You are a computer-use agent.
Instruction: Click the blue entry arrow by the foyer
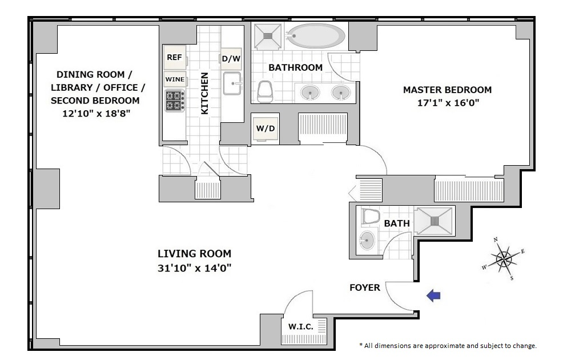pyautogui.click(x=433, y=295)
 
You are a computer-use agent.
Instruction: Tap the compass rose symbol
pyautogui.click(x=504, y=258)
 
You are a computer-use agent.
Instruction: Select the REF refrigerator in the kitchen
pyautogui.click(x=175, y=57)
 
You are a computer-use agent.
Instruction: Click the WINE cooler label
pyautogui.click(x=175, y=79)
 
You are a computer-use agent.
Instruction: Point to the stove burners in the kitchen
pyautogui.click(x=175, y=100)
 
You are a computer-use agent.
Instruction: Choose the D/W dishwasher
pyautogui.click(x=231, y=58)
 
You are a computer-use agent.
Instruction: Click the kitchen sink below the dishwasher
pyautogui.click(x=232, y=83)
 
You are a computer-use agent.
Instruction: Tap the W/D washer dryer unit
pyautogui.click(x=266, y=128)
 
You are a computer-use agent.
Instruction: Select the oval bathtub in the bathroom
pyautogui.click(x=316, y=35)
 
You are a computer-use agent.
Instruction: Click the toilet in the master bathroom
pyautogui.click(x=265, y=91)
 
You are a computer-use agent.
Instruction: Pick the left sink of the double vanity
pyautogui.click(x=310, y=93)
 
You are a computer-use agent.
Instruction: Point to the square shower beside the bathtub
pyautogui.click(x=267, y=36)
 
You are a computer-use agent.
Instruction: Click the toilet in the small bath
pyautogui.click(x=371, y=217)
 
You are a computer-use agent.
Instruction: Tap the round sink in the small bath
pyautogui.click(x=367, y=239)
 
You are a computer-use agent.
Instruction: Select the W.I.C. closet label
pyautogui.click(x=301, y=327)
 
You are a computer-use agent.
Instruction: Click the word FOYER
pyautogui.click(x=365, y=287)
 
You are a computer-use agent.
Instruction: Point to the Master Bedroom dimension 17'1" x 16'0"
pyautogui.click(x=448, y=103)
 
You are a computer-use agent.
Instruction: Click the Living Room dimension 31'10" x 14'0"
pyautogui.click(x=194, y=268)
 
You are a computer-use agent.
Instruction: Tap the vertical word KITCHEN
pyautogui.click(x=204, y=93)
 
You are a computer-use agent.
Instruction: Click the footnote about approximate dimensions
pyautogui.click(x=448, y=346)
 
